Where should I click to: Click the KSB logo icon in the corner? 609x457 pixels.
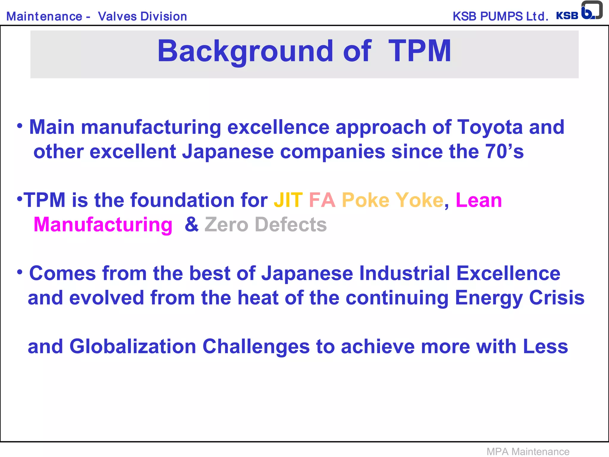click(591, 11)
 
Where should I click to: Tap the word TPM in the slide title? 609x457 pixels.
click(420, 51)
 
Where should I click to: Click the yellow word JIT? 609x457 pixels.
click(288, 200)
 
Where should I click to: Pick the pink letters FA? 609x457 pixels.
click(322, 200)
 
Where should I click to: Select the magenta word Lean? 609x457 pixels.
click(479, 200)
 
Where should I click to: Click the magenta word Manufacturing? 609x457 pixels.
click(103, 225)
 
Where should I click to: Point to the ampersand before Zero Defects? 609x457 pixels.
click(192, 225)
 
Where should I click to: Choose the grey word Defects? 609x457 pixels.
click(291, 225)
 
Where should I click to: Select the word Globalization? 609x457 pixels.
click(133, 347)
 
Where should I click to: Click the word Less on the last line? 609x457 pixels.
click(545, 347)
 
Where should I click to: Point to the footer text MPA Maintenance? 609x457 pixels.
click(528, 451)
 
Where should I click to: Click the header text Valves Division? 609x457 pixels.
click(142, 16)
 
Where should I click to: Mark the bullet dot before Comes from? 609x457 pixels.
click(20, 272)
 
